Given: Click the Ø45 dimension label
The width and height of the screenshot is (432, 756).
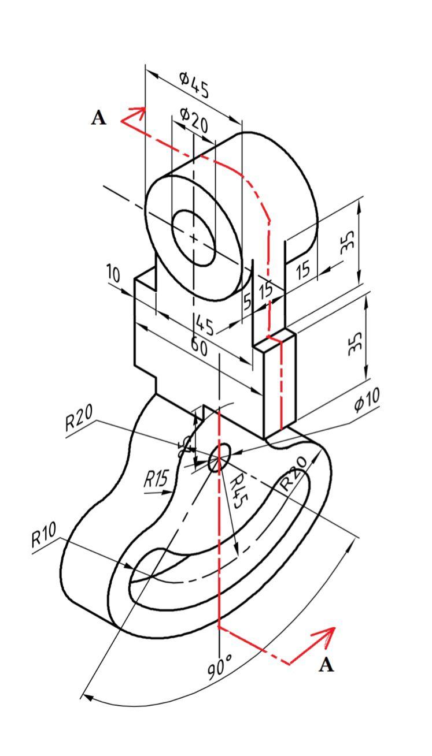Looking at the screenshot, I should [x=194, y=84].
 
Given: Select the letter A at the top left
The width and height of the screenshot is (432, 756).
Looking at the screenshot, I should [x=99, y=118].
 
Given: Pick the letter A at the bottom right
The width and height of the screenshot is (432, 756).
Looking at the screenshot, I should [x=327, y=665].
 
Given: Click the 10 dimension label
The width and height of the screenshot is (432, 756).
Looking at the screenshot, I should [x=113, y=273].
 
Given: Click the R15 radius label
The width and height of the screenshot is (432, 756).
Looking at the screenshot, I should [x=156, y=479].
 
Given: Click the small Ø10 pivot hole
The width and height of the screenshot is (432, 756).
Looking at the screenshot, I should [x=219, y=458].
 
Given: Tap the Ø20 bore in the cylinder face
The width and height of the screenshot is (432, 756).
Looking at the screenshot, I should [x=194, y=237].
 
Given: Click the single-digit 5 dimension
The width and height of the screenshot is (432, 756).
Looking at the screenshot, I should [x=247, y=301].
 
